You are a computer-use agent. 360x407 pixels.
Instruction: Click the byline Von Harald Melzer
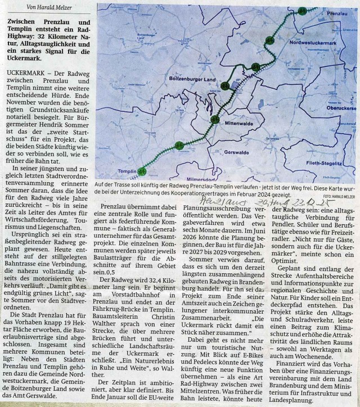pyautogui.click(x=51, y=6)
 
